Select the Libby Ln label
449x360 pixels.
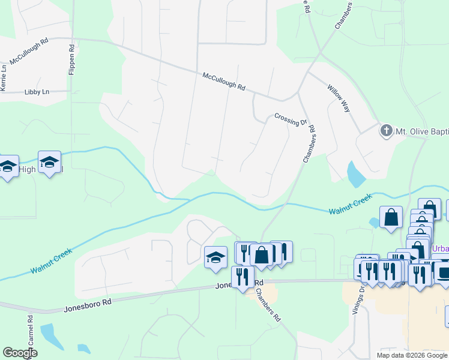[x=37, y=92]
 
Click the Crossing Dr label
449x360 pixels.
[x=291, y=120]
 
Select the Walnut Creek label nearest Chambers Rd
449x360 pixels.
[x=351, y=205]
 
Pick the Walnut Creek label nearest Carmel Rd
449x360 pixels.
[x=52, y=261]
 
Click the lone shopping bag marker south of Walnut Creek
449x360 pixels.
[x=391, y=218]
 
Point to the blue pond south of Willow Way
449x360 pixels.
[x=355, y=173]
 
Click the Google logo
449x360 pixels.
[x=20, y=353]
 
